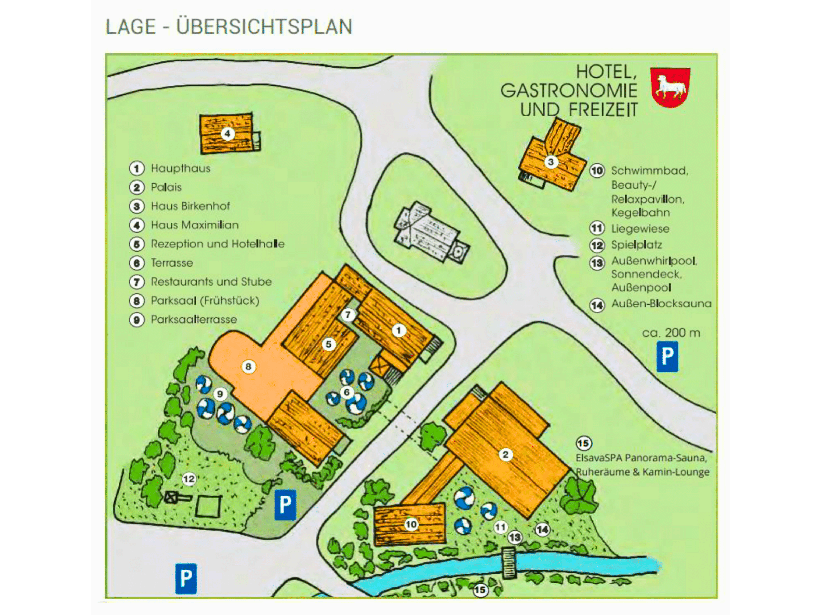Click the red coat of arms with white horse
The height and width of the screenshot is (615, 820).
670,88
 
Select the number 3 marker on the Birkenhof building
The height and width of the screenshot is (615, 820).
551,162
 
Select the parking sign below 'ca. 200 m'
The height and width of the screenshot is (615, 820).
667,357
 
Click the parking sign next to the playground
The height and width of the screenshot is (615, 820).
285,505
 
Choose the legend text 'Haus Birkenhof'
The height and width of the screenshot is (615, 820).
190,206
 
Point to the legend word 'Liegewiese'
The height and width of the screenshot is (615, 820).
640,229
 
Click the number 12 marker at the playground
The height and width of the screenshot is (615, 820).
189,479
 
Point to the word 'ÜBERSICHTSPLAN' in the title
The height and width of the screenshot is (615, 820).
264,27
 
